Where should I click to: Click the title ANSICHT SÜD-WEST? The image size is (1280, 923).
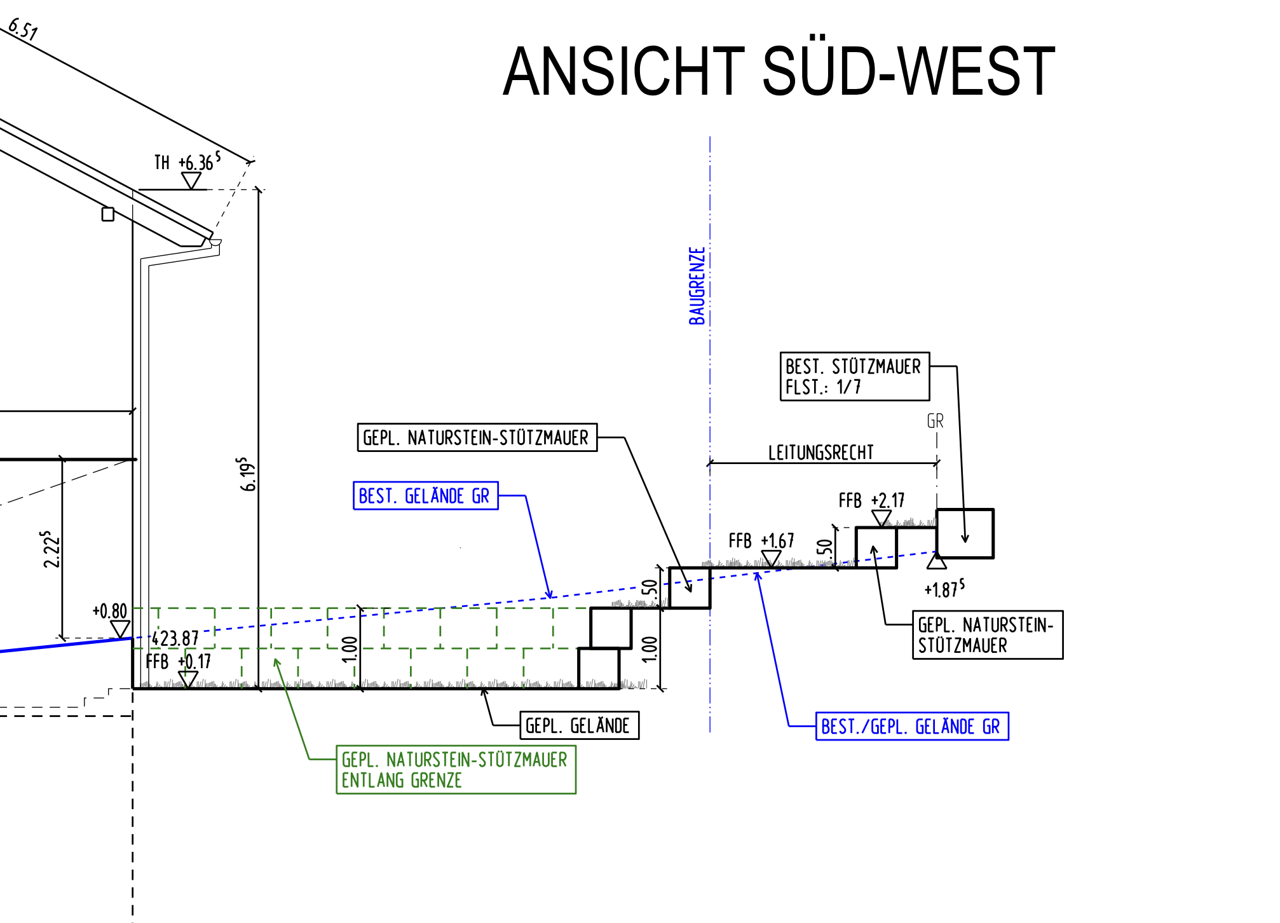coord(779,72)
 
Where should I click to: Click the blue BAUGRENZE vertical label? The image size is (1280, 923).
coord(697,286)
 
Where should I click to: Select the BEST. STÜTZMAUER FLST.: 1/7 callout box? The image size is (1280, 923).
coord(854,376)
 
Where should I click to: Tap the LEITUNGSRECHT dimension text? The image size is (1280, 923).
coord(820,453)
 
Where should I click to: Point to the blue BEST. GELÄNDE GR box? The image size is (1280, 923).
coord(425,496)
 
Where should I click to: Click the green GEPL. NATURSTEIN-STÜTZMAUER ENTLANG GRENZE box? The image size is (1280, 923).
coord(456,769)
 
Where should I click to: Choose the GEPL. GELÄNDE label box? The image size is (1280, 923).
coord(578,725)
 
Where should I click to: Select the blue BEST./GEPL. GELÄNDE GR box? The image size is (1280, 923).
coord(911,726)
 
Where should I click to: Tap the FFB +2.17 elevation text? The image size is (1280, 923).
coord(871,501)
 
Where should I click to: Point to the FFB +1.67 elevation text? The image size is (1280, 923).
coord(761,541)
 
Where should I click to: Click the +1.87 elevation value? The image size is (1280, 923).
coord(944,589)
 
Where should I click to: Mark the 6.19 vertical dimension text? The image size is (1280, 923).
coord(247,474)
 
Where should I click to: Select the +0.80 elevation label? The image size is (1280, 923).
coord(110,611)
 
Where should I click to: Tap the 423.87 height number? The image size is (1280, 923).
coord(175,638)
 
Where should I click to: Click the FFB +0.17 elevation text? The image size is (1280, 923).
coord(178,662)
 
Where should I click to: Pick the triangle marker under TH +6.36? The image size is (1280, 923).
coord(191,181)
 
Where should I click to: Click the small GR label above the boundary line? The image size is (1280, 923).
coord(935,421)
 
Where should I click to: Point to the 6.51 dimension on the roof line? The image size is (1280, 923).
coord(23,29)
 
